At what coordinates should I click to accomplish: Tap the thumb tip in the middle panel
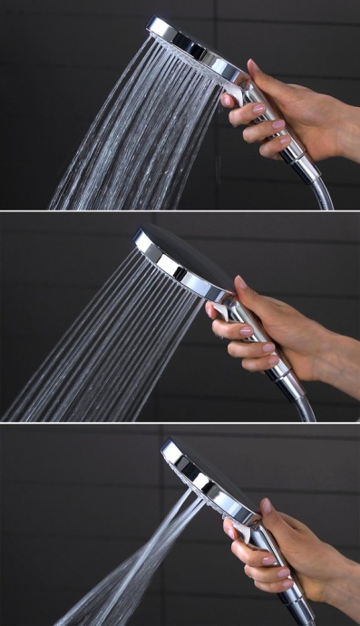pos(240,282)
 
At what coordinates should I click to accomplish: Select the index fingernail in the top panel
pos(227,100)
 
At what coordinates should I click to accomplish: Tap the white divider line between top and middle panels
pos(180,212)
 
